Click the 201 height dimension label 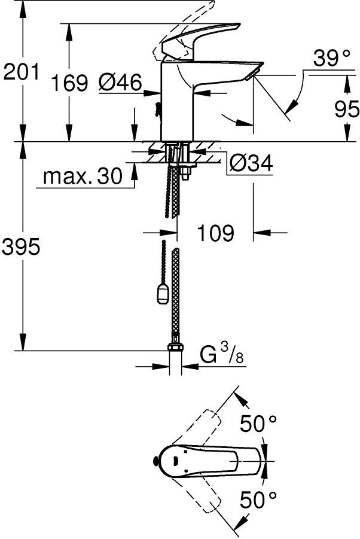[21, 72]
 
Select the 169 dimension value [69, 83]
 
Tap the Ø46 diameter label [120, 83]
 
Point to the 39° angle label [331, 59]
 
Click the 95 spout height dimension [347, 109]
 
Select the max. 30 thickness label [83, 176]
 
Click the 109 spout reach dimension [215, 233]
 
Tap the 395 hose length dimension [21, 246]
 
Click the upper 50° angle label [258, 424]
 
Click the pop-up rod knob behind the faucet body [158, 110]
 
